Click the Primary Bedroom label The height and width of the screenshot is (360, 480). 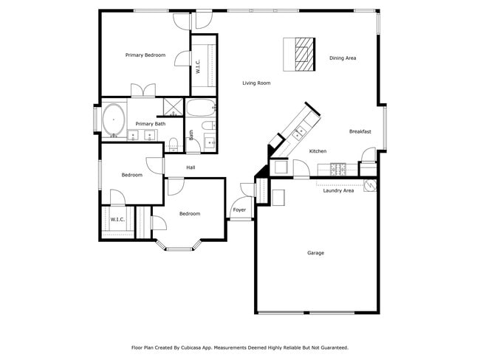pyautogui.click(x=145, y=55)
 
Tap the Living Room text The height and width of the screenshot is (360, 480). pyautogui.click(x=256, y=83)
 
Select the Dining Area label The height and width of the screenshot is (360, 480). pyautogui.click(x=343, y=58)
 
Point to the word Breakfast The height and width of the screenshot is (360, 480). pyautogui.click(x=360, y=132)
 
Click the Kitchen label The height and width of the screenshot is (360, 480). pyautogui.click(x=318, y=151)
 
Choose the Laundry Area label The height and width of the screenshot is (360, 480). pyautogui.click(x=338, y=190)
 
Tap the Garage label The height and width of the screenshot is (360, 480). pyautogui.click(x=315, y=253)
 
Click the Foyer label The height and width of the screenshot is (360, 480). pyautogui.click(x=239, y=210)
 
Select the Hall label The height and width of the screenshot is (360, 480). pyautogui.click(x=191, y=167)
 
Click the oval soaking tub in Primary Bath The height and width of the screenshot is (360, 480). pyautogui.click(x=114, y=120)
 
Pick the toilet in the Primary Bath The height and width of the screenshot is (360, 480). pyautogui.click(x=174, y=144)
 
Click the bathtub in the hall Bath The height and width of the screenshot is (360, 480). pyautogui.click(x=200, y=109)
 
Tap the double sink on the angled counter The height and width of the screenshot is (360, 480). pyautogui.click(x=300, y=133)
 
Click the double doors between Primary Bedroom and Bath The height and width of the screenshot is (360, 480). pyautogui.click(x=143, y=91)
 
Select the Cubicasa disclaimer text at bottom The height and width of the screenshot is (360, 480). pyautogui.click(x=239, y=347)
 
